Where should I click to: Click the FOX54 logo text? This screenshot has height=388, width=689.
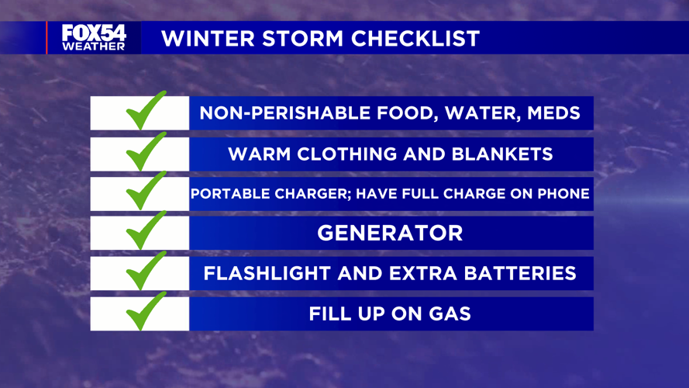click(94, 33)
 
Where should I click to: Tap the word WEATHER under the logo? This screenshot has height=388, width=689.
click(94, 47)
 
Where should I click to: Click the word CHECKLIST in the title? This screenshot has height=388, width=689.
click(415, 39)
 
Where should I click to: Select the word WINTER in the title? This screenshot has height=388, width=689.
click(208, 39)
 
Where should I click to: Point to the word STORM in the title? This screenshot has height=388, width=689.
click(303, 39)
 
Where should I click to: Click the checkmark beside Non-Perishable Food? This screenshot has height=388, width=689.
click(146, 111)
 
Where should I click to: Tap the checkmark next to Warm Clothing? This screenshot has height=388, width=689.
click(146, 152)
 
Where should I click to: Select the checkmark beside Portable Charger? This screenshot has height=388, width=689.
click(146, 191)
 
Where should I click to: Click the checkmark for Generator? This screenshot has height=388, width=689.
click(146, 230)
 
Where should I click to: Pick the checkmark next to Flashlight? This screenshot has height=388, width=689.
click(146, 271)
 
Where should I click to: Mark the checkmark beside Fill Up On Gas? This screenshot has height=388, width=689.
click(146, 311)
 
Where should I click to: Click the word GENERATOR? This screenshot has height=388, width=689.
click(390, 233)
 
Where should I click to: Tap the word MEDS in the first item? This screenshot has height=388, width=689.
click(553, 113)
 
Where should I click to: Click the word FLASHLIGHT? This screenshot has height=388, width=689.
click(267, 274)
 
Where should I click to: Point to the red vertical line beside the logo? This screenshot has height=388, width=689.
click(47, 38)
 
